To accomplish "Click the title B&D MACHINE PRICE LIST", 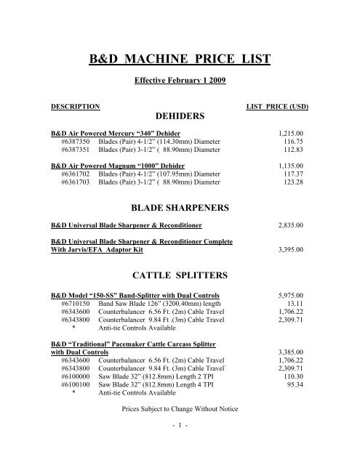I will pyautogui.click(x=180, y=60).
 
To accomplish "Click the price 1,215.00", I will pyautogui.click(x=294, y=134).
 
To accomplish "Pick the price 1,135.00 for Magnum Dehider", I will pyautogui.click(x=294, y=165).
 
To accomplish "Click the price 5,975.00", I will pyautogui.click(x=294, y=296).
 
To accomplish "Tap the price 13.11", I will pyautogui.click(x=300, y=305).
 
